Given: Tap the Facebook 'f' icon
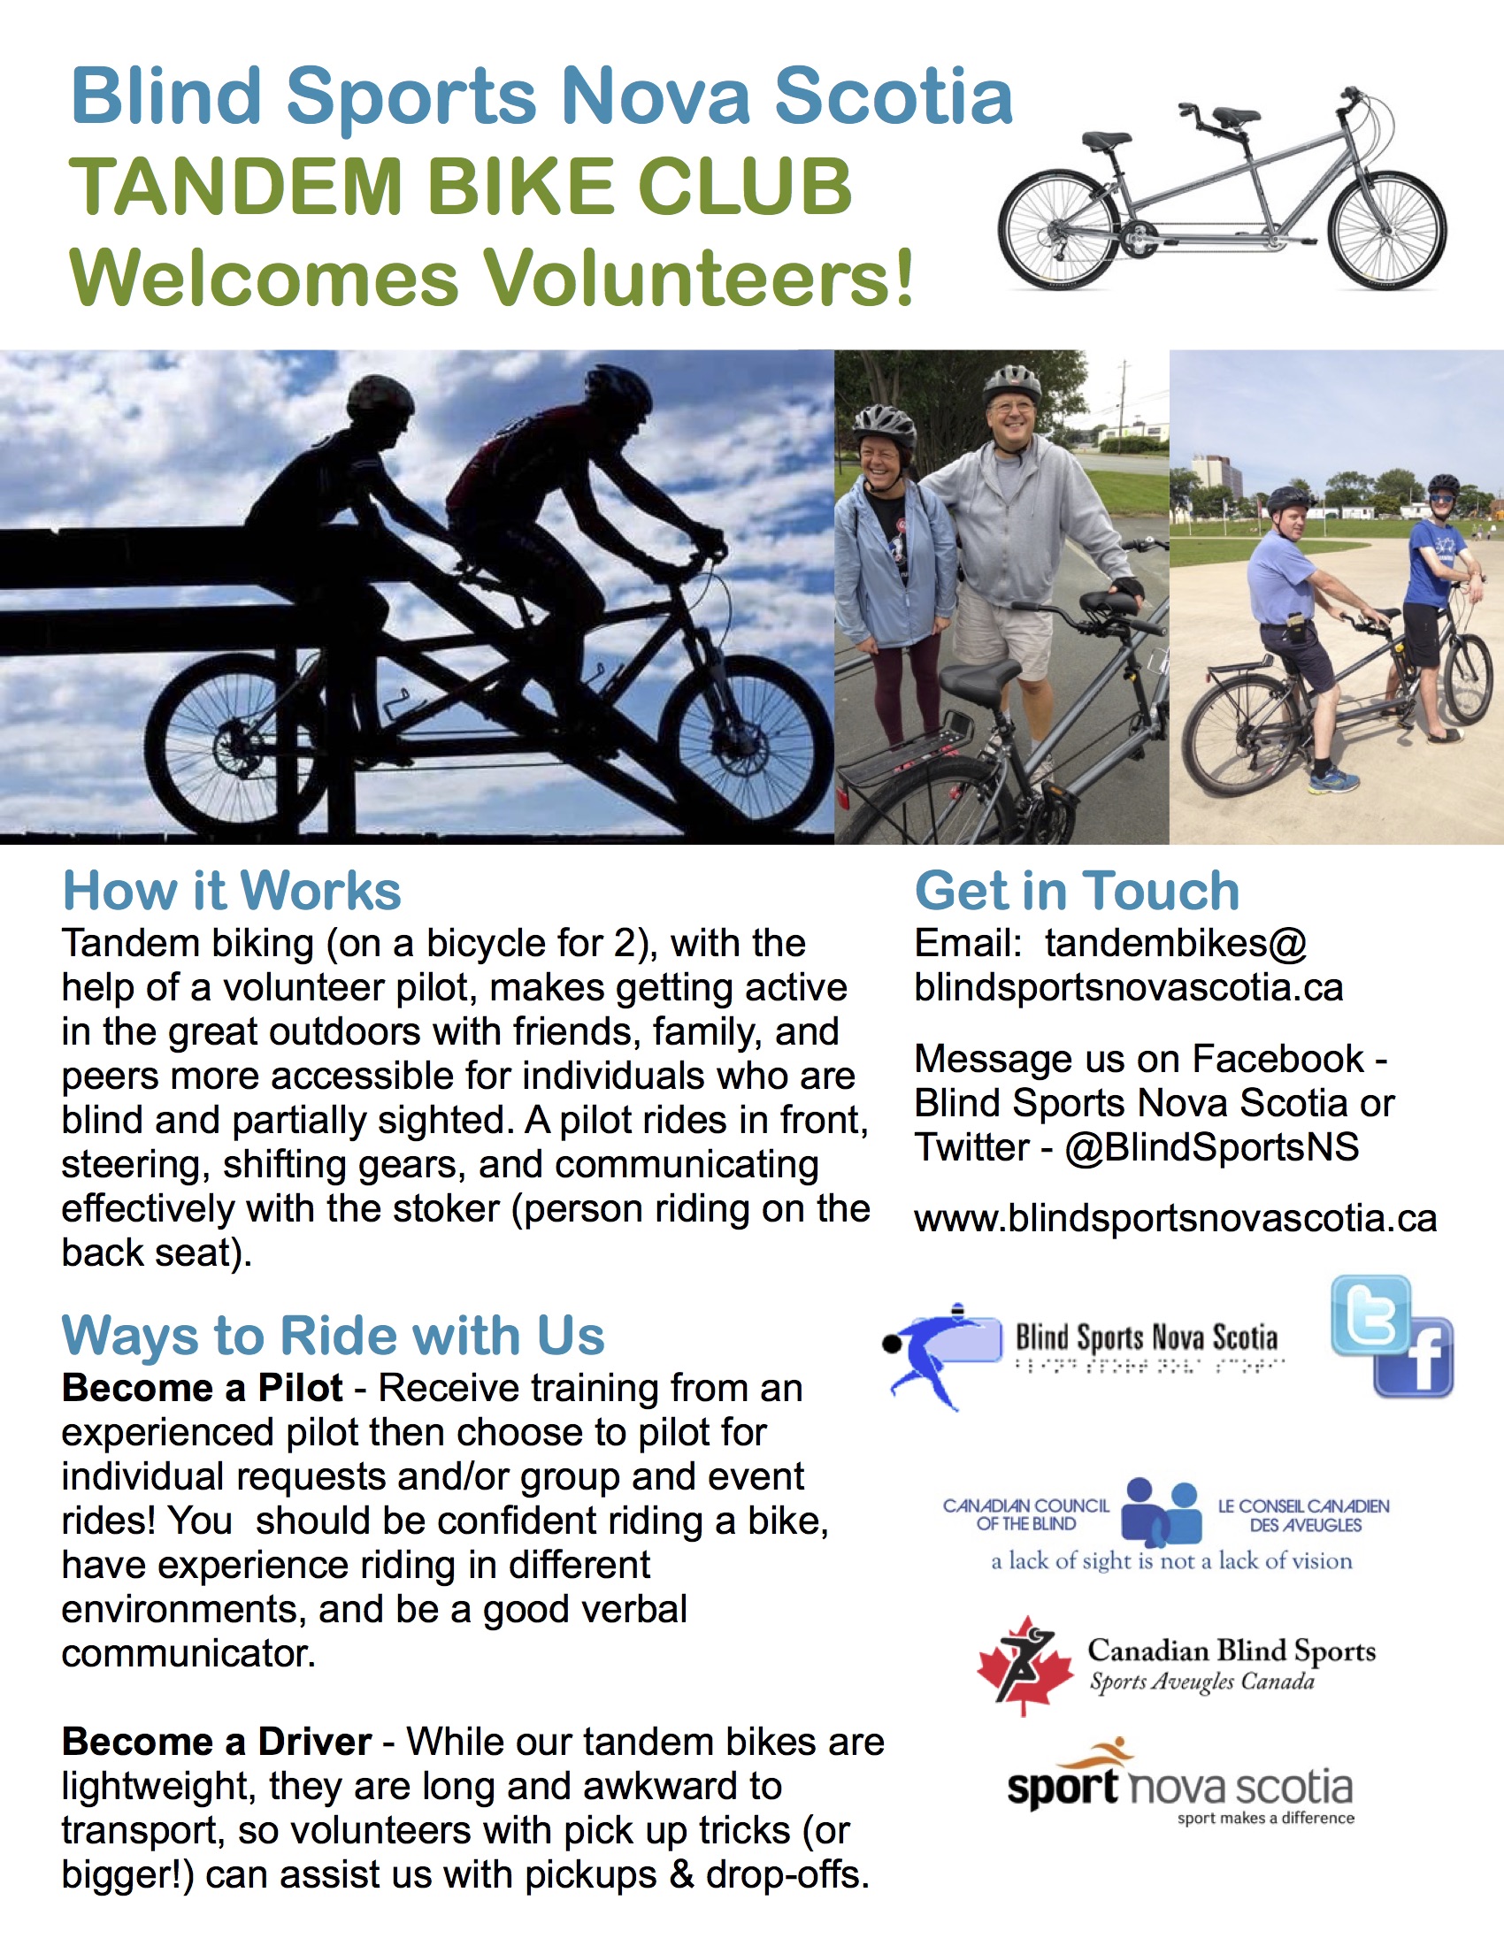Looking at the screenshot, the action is [1414, 1357].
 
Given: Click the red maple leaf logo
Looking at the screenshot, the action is [1024, 1665].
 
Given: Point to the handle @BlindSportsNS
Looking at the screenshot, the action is [1212, 1146].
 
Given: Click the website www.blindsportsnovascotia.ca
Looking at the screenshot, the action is [1175, 1218].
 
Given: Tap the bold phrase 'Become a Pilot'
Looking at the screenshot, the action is [203, 1387].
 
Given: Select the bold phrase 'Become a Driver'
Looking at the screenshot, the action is [217, 1741].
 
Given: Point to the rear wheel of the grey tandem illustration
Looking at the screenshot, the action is [1057, 230].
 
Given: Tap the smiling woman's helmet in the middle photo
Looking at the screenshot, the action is [884, 424].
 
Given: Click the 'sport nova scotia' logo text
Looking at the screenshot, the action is [1179, 1788].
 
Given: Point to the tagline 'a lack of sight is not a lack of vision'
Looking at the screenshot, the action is [1171, 1561].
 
